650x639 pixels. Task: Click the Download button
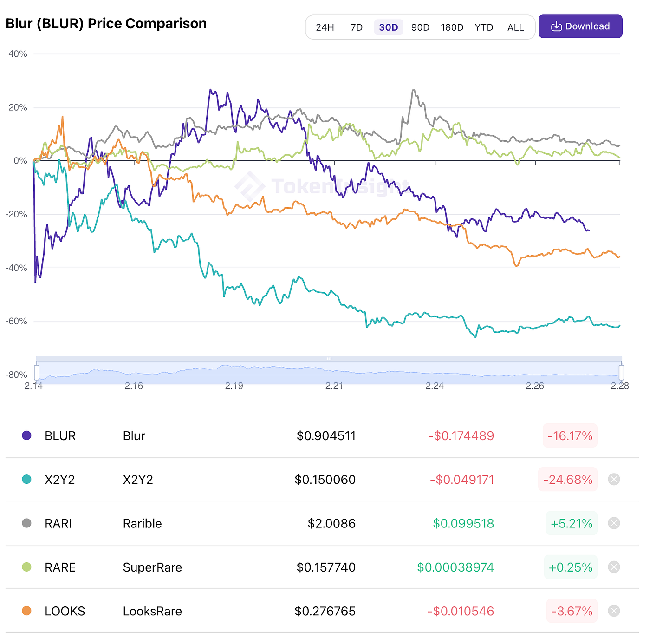(580, 26)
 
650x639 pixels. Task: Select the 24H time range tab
(325, 27)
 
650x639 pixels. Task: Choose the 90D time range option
(420, 27)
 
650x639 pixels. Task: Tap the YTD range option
(484, 27)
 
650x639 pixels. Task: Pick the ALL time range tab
(515, 27)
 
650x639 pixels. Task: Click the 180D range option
(452, 27)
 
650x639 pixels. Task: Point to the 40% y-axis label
(18, 54)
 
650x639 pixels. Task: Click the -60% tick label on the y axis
(17, 321)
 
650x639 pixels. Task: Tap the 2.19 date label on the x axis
(234, 386)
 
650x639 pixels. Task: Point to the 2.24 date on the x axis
(435, 386)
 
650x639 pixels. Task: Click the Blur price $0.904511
(326, 436)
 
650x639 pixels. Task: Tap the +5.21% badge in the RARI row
(571, 524)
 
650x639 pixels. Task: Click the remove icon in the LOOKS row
(614, 611)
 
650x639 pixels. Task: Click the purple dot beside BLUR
(26, 435)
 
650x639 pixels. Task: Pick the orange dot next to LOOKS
(26, 611)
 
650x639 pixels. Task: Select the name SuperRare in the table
(152, 567)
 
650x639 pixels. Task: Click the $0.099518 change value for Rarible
(463, 524)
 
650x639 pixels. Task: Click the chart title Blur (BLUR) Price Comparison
(106, 24)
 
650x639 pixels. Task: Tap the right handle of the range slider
(621, 372)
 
